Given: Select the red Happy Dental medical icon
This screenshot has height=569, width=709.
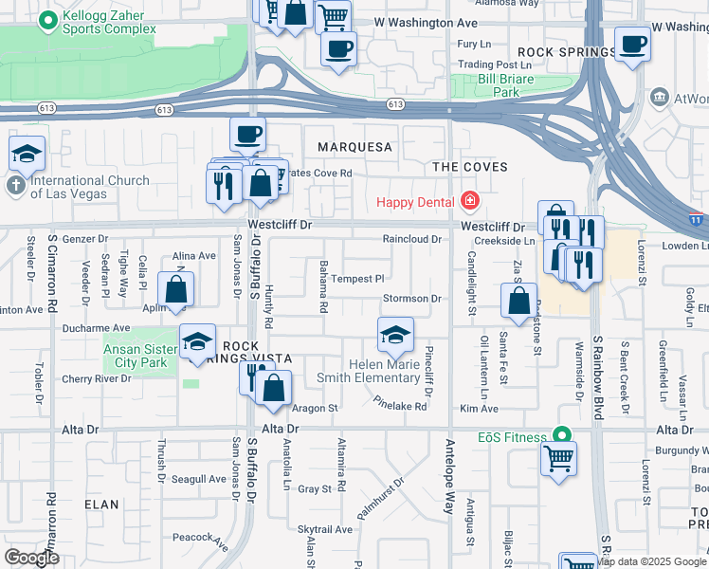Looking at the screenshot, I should click(468, 201).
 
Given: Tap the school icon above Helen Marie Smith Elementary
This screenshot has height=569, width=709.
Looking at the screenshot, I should click(395, 334).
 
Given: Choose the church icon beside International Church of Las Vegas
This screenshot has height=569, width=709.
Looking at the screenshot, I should click(16, 186).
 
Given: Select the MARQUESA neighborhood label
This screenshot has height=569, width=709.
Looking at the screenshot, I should click(354, 147).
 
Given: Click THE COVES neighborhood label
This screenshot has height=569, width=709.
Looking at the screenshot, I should click(470, 167).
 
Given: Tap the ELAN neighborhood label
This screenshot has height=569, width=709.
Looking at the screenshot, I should click(101, 505).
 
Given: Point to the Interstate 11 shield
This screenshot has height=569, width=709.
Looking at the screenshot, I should click(697, 219).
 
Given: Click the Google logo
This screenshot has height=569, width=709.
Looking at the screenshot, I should click(31, 558).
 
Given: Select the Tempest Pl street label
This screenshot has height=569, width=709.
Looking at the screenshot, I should click(357, 279).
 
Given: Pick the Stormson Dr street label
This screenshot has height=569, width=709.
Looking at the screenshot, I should click(412, 299).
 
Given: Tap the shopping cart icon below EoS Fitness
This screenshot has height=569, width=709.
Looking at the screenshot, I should click(559, 458).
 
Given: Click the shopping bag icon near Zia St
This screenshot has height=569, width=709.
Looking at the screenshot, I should click(519, 303).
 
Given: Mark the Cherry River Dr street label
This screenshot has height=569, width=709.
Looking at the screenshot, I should click(96, 378).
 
